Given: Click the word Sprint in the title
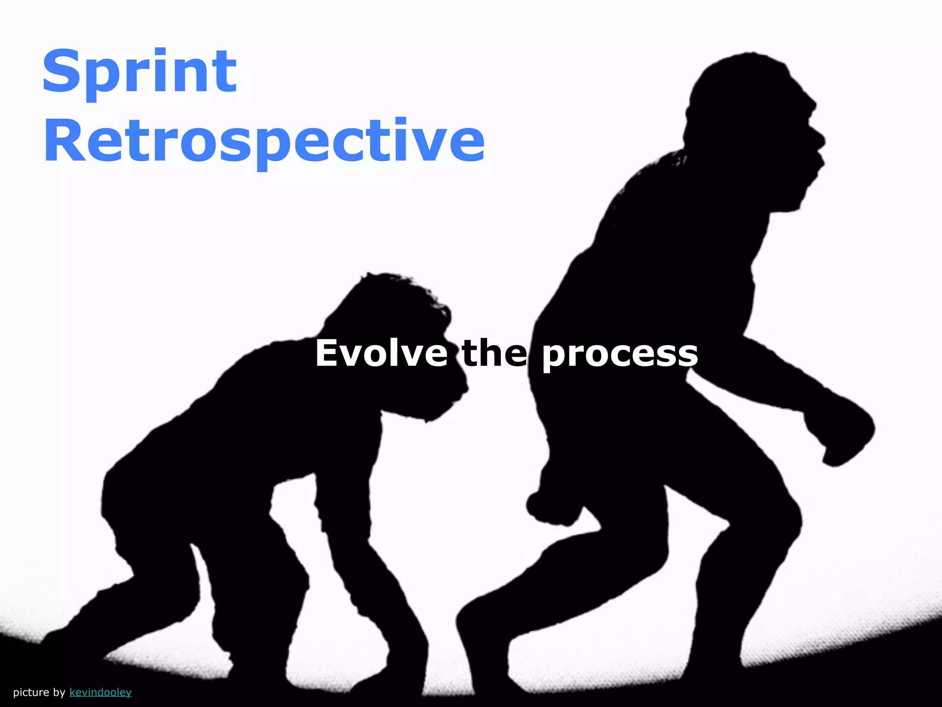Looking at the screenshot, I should [x=139, y=73].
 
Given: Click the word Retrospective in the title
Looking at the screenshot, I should [x=264, y=141].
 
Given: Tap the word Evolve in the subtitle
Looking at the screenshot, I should [x=381, y=353].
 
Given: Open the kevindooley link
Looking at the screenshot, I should [x=100, y=692].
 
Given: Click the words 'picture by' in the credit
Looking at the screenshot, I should [x=39, y=692].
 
